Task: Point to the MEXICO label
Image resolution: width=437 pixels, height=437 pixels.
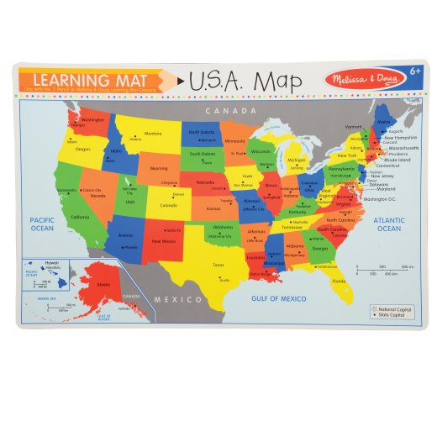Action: tap(182, 299)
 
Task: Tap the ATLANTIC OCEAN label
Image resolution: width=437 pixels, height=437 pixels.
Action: tap(389, 224)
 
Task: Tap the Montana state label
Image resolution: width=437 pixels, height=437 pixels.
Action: tap(153, 133)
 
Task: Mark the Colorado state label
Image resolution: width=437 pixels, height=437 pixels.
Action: tap(169, 205)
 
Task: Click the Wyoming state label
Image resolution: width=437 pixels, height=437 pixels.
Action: tap(160, 168)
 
